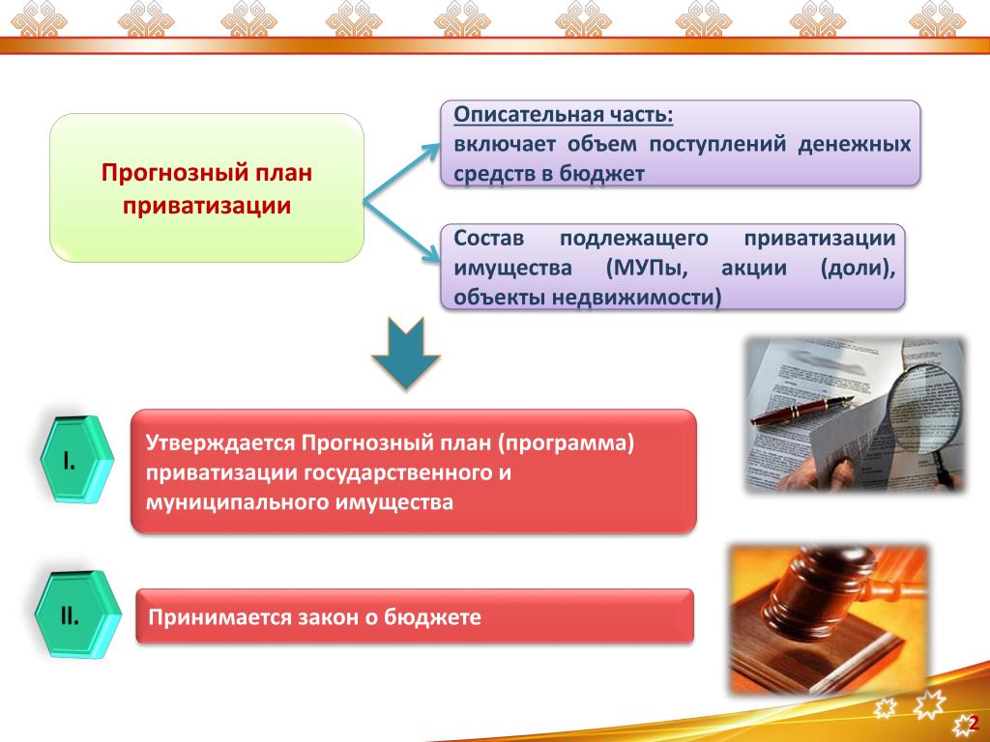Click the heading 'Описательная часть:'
564,115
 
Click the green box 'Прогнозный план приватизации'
207,188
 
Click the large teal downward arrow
405,354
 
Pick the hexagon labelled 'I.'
76,459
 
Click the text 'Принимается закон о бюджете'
314,617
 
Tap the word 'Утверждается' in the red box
220,443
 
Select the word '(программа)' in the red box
565,443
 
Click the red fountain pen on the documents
801,410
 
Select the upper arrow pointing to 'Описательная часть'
401,174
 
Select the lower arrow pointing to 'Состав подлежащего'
401,233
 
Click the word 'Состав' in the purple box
488,239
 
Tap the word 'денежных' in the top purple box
855,145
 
